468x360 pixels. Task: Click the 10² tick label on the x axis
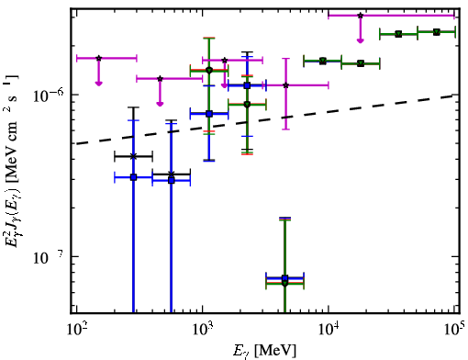tap(76, 329)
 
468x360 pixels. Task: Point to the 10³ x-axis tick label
tap(203, 329)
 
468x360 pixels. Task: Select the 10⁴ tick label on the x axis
tap(329, 329)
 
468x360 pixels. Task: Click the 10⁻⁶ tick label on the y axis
tap(49, 96)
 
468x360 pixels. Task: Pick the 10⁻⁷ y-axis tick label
tap(49, 258)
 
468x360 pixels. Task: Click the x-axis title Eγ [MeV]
tap(264, 351)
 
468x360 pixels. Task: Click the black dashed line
tap(265, 119)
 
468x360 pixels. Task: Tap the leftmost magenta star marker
tap(98, 58)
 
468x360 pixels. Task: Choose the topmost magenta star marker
tap(361, 16)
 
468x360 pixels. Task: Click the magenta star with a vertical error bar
tap(285, 85)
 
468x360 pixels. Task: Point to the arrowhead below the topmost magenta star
tap(361, 40)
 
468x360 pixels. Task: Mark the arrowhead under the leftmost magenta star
tap(98, 84)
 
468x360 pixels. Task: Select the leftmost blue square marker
tap(133, 177)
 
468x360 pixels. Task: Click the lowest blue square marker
tap(285, 278)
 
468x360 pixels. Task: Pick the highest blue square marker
tap(248, 85)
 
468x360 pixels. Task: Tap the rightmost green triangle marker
tap(437, 32)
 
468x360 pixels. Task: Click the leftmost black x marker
tap(133, 157)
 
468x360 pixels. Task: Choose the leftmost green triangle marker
tap(209, 71)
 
